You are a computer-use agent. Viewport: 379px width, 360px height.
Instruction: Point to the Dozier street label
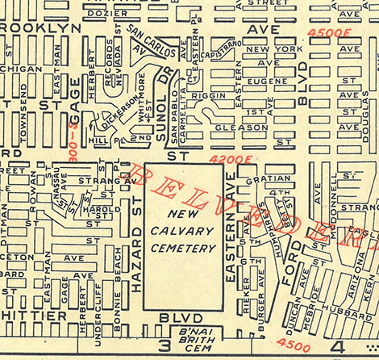pyautogui.click(x=108, y=13)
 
